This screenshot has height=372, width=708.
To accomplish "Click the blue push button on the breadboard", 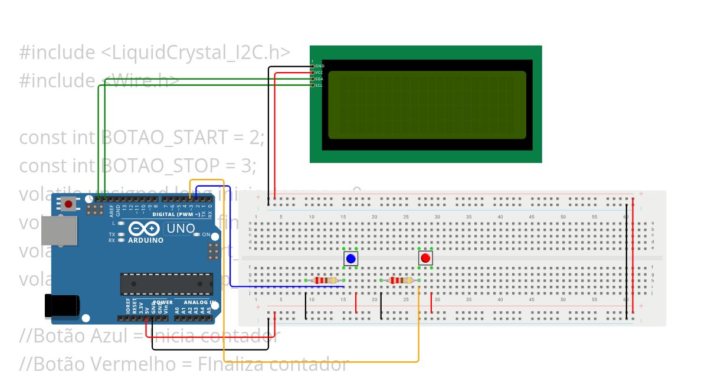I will (x=351, y=259).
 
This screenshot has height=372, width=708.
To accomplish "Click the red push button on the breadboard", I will (x=425, y=258).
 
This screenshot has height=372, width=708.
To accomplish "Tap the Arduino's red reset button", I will (x=69, y=204).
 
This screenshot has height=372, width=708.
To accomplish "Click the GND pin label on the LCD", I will (x=319, y=66).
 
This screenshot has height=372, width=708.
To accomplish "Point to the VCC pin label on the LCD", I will (x=319, y=73).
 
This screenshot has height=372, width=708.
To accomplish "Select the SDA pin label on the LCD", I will (x=319, y=79).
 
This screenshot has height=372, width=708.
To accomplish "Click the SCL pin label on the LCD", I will (x=319, y=86).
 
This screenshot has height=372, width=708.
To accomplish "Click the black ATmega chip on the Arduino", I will (x=166, y=284).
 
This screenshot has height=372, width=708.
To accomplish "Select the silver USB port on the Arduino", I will (x=58, y=230).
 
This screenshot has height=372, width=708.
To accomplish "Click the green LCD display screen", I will (x=427, y=105).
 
